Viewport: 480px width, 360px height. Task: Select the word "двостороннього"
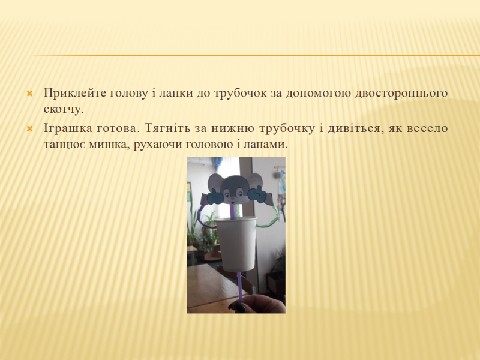pyautogui.click(x=401, y=94)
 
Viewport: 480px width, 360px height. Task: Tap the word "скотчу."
pyautogui.click(x=64, y=109)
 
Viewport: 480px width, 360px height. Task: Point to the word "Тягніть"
pyautogui.click(x=167, y=128)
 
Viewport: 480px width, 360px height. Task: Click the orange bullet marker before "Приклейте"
pyautogui.click(x=29, y=94)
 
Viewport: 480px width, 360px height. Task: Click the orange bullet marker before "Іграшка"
pyautogui.click(x=29, y=129)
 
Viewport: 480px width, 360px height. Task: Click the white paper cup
pyautogui.click(x=236, y=244)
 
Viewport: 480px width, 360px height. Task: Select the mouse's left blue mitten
pyautogui.click(x=215, y=197)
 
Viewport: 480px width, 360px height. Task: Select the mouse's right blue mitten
pyautogui.click(x=257, y=194)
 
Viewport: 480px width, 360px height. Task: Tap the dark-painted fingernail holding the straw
pyautogui.click(x=240, y=307)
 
